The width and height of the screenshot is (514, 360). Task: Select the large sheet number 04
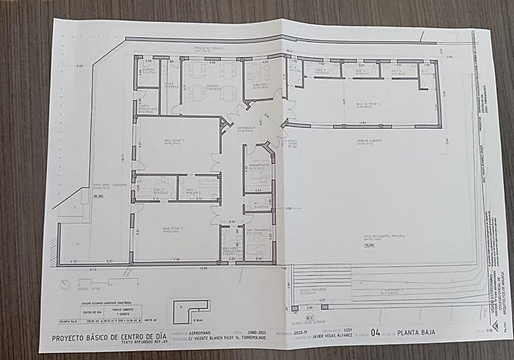pyautogui.click(x=376, y=332)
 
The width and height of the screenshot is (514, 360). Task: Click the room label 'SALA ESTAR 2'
pyautogui.click(x=172, y=229)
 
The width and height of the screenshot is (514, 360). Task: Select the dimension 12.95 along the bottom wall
pyautogui.click(x=204, y=267)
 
